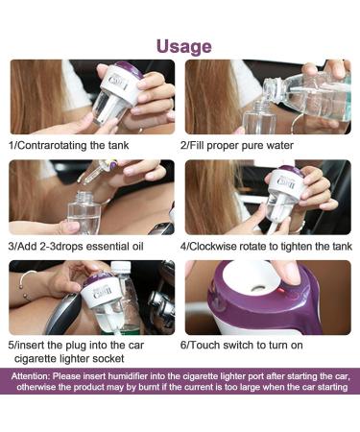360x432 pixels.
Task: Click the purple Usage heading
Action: pyautogui.click(x=184, y=47)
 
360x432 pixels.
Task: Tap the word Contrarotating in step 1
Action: pyautogui.click(x=51, y=145)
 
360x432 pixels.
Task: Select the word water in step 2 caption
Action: pyautogui.click(x=279, y=145)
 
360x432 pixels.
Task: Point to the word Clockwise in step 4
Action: pyautogui.click(x=213, y=246)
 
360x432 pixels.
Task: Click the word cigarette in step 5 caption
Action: pyautogui.click(x=36, y=358)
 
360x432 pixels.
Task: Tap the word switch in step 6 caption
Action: pyautogui.click(x=240, y=345)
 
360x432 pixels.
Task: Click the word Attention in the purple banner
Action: pyautogui.click(x=30, y=376)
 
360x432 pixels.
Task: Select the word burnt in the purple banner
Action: pyautogui.click(x=149, y=387)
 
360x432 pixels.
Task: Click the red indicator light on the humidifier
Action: pyautogui.click(x=282, y=291)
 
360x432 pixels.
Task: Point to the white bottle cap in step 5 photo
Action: pyautogui.click(x=121, y=266)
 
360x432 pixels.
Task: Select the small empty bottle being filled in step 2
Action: pyautogui.click(x=258, y=118)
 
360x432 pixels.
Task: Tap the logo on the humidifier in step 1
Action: pyautogui.click(x=118, y=82)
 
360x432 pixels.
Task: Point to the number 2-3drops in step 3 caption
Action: pyautogui.click(x=61, y=246)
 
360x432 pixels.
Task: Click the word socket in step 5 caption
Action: pyautogui.click(x=110, y=358)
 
